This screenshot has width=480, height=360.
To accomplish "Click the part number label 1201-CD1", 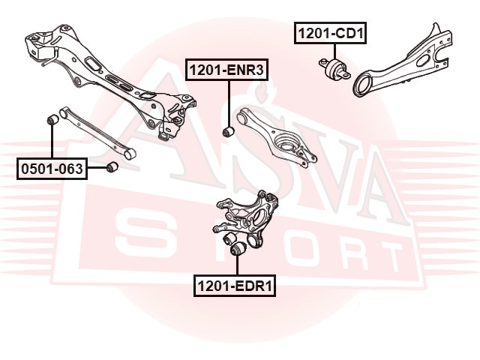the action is [330, 33].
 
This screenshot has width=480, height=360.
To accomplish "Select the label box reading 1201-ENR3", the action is [226, 70].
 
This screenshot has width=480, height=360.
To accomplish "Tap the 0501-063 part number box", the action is [52, 168].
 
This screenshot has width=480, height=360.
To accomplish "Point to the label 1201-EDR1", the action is [235, 286].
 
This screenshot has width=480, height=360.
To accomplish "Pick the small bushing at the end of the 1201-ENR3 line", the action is [228, 132].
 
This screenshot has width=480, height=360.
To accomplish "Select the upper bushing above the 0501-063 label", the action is [53, 119].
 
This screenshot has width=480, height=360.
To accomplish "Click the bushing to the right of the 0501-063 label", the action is [112, 166].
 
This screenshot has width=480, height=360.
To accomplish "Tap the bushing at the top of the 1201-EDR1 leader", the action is [237, 249].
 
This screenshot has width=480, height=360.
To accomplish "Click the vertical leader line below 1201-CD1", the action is [334, 52].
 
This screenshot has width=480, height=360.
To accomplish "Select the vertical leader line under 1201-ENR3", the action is [228, 103].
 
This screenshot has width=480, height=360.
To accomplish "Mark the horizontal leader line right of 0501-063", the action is [97, 168].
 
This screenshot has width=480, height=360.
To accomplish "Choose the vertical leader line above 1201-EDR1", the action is [237, 265].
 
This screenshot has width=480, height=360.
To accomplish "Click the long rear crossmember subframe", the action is [110, 82].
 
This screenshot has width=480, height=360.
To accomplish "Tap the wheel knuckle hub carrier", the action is [245, 218].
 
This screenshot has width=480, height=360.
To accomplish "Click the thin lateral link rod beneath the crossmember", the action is [97, 133].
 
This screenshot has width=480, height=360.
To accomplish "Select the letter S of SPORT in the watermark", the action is [142, 232].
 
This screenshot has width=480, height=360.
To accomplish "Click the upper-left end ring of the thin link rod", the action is [63, 112].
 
